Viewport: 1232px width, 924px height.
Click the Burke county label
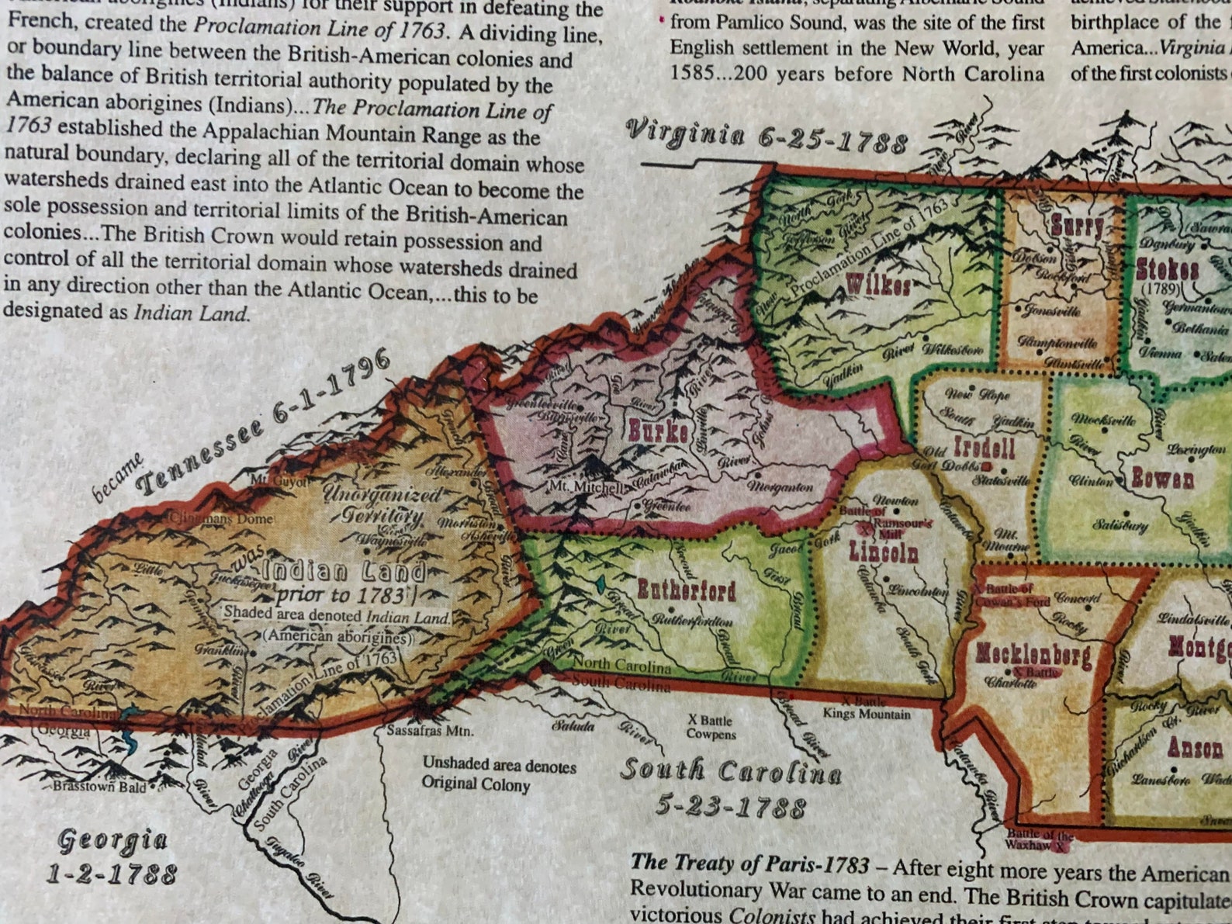pos(658,431)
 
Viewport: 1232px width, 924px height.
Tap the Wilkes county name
pos(878,285)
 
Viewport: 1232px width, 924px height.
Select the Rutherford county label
pos(686,591)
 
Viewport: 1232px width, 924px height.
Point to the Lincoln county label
pos(884,552)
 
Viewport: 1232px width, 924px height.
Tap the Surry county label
pos(1077,227)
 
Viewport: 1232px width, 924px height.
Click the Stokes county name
pos(1168,270)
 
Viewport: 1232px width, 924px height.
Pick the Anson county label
pos(1195,748)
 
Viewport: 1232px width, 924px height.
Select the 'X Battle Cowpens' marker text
pos(710,727)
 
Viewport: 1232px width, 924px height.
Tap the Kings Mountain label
pos(867,714)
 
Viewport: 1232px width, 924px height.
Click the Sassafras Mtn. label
pos(430,731)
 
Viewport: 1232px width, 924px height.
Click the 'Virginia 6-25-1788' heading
pos(767,137)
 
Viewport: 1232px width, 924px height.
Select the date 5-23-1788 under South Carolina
pos(730,807)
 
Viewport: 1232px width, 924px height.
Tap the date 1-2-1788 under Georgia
pos(112,874)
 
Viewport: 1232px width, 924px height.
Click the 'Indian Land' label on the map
pos(344,573)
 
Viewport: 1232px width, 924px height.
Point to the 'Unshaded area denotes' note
pos(499,766)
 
